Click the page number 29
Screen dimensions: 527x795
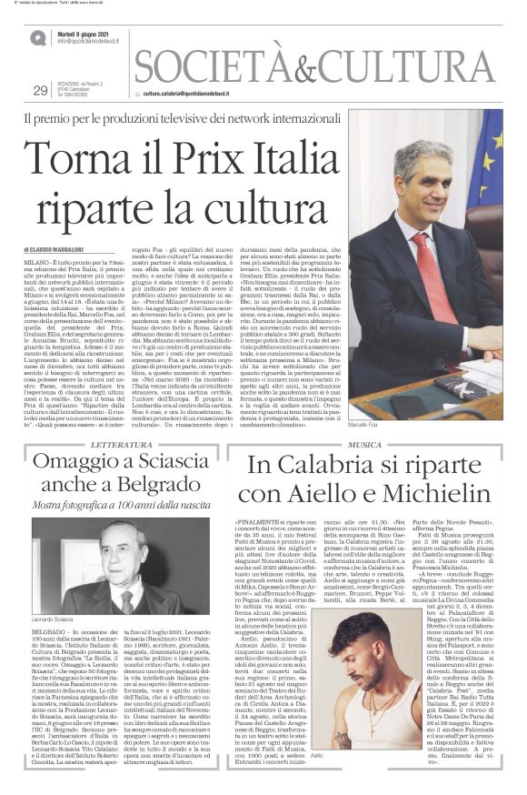(39, 90)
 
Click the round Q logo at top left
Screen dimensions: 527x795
(37, 37)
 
